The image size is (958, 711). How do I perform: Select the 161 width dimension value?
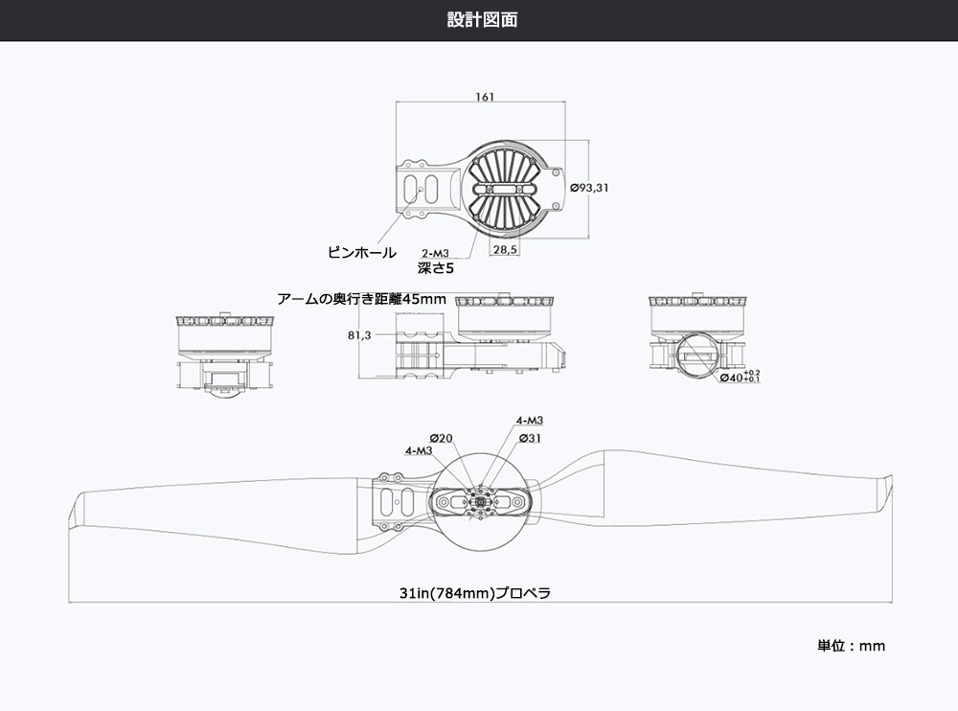(x=484, y=97)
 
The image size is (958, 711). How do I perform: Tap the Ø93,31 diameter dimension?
(x=589, y=188)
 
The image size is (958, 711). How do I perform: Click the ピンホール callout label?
(x=361, y=253)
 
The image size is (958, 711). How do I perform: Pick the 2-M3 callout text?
(x=435, y=254)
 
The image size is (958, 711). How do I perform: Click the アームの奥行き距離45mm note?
(x=362, y=299)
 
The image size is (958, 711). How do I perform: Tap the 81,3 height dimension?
(x=360, y=336)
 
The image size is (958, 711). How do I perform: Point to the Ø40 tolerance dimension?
(x=739, y=377)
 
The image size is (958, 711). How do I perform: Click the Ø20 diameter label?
(x=442, y=438)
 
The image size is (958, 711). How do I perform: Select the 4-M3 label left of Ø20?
(x=419, y=450)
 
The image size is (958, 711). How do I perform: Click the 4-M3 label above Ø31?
(x=529, y=421)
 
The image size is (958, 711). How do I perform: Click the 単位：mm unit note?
(x=851, y=646)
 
